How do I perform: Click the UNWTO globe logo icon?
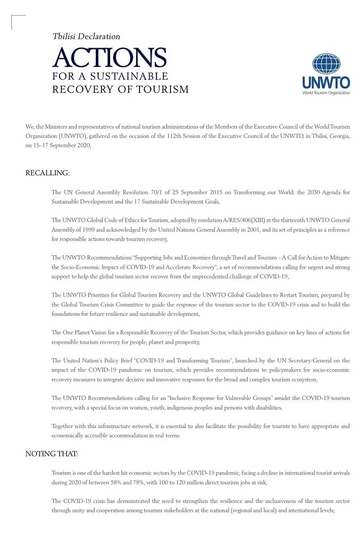click(x=326, y=64)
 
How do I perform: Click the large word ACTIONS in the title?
click(x=109, y=58)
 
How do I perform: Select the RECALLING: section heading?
click(x=48, y=172)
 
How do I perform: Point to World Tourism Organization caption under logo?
click(x=326, y=92)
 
